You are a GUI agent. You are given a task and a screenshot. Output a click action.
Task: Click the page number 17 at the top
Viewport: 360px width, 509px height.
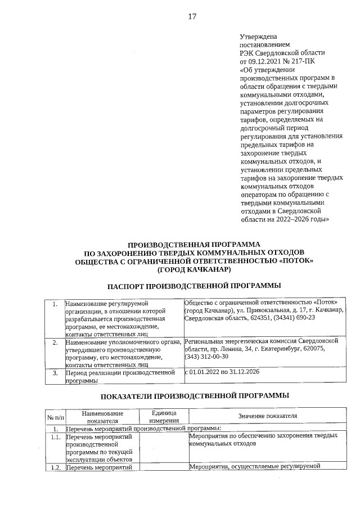(192, 16)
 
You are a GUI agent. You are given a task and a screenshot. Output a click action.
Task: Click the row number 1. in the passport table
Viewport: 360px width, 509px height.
(55, 304)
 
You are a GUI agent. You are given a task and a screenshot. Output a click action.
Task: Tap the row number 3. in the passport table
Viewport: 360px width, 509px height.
(55, 372)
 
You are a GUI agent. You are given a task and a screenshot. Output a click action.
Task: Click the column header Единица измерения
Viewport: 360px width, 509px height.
(164, 416)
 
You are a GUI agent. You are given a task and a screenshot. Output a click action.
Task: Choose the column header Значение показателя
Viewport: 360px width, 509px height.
(267, 416)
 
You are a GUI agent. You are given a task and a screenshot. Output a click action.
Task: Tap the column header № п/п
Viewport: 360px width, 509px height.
(55, 417)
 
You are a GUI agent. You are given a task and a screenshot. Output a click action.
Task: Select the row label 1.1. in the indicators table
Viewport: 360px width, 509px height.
(55, 436)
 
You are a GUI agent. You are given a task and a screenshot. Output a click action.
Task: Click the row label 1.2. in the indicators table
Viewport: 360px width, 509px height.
(55, 466)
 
